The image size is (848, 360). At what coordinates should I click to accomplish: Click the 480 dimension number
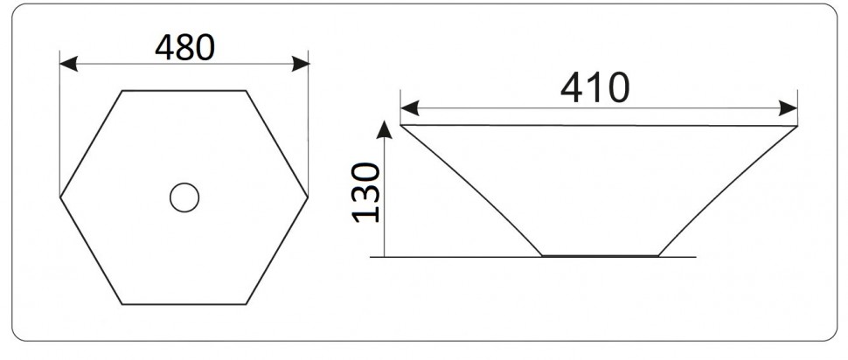pyautogui.click(x=184, y=47)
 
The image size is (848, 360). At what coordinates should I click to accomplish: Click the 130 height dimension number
pyautogui.click(x=367, y=191)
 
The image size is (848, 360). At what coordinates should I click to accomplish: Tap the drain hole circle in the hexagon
pyautogui.click(x=184, y=197)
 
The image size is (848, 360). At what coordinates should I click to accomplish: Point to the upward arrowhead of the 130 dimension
pyautogui.click(x=383, y=129)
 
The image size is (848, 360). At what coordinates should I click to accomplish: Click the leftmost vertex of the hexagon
pyautogui.click(x=60, y=197)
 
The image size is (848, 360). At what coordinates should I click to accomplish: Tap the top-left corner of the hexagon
pyautogui.click(x=122, y=90)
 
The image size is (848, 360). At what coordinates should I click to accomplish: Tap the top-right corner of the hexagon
pyautogui.click(x=246, y=90)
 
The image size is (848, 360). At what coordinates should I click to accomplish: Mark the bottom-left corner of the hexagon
pyautogui.click(x=122, y=304)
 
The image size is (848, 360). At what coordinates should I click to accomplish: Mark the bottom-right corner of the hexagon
pyautogui.click(x=247, y=304)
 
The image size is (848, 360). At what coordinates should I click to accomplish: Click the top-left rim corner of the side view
pyautogui.click(x=400, y=125)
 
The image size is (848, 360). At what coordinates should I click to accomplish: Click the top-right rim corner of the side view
pyautogui.click(x=797, y=126)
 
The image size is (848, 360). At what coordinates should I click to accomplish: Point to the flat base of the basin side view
pyautogui.click(x=600, y=256)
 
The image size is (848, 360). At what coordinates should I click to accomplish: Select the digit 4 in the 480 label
pyautogui.click(x=165, y=47)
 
